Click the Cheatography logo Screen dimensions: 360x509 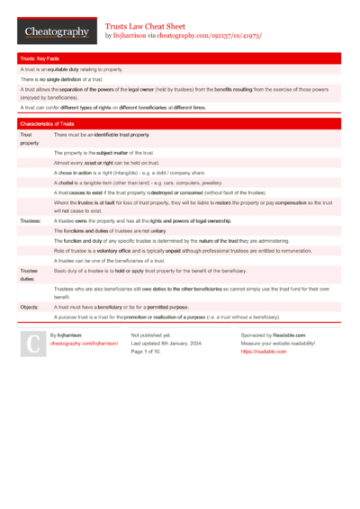point(55,31)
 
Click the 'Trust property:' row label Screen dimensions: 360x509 point(30,138)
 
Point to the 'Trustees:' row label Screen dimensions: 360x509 point(31,220)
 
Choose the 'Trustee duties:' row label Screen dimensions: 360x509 point(30,274)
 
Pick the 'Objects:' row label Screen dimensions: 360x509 point(30,307)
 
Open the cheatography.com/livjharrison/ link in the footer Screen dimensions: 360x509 point(85,343)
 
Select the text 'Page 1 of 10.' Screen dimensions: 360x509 point(149,351)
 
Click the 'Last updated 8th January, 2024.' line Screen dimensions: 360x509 point(175,343)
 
